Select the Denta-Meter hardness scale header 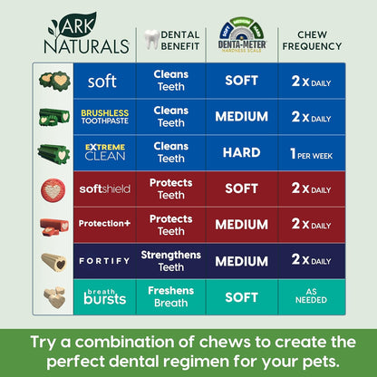click(x=240, y=38)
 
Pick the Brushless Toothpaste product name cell click(x=103, y=117)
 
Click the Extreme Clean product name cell click(x=103, y=151)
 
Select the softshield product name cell click(x=103, y=189)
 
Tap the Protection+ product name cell click(x=103, y=224)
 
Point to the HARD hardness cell click(x=241, y=152)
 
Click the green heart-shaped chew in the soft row click(x=53, y=82)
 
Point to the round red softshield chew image click(x=53, y=189)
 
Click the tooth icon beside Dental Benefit click(x=151, y=39)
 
